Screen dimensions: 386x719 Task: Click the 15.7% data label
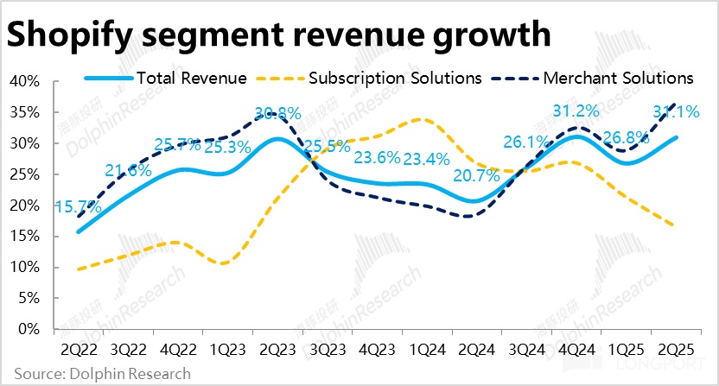(x=78, y=207)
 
